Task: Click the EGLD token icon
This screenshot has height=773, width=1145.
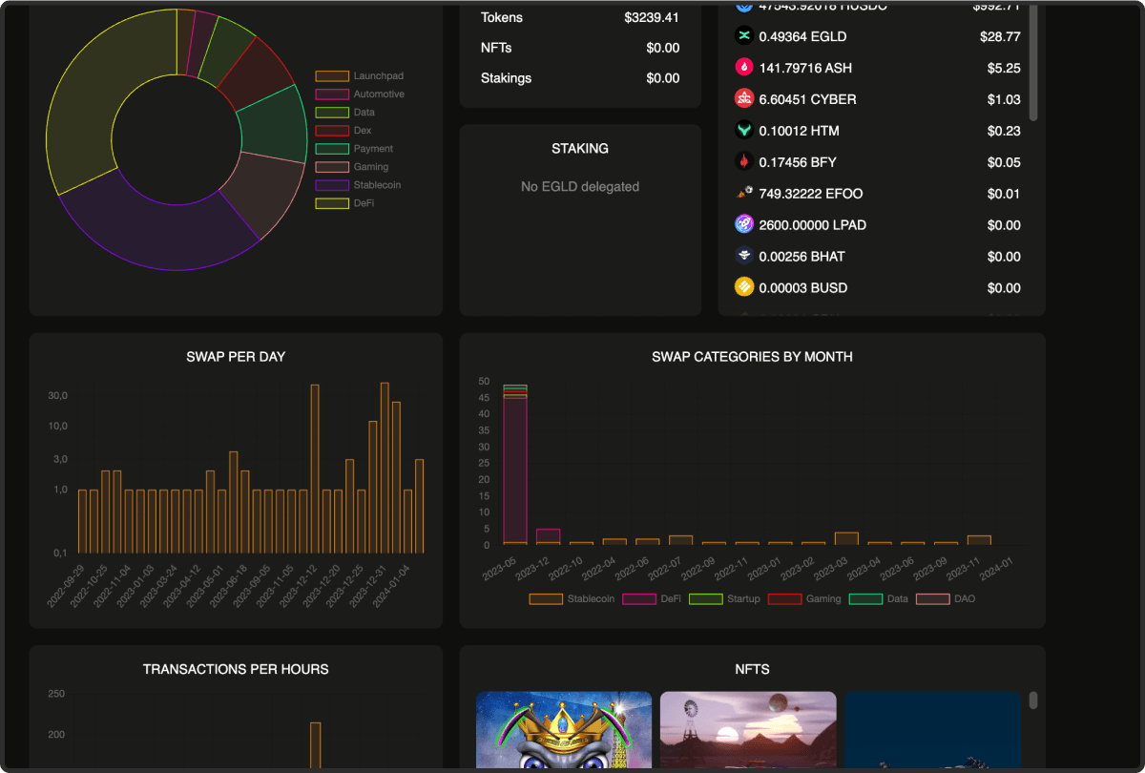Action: pyautogui.click(x=744, y=36)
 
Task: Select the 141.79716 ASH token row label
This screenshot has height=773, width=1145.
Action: pyautogui.click(x=805, y=68)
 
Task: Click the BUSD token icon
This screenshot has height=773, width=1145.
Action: pyautogui.click(x=744, y=287)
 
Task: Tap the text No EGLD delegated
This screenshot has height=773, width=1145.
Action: pyautogui.click(x=580, y=187)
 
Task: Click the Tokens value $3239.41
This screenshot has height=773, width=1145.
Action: pyautogui.click(x=652, y=17)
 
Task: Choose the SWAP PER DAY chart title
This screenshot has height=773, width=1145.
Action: pyautogui.click(x=236, y=357)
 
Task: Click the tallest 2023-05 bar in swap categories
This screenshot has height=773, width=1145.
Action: pyautogui.click(x=515, y=468)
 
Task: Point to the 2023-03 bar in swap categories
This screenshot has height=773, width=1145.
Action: pyautogui.click(x=846, y=538)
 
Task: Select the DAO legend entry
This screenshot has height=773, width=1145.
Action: pyautogui.click(x=964, y=599)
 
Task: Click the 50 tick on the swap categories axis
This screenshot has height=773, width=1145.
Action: pyautogui.click(x=484, y=381)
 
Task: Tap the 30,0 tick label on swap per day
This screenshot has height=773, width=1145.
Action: pyautogui.click(x=58, y=396)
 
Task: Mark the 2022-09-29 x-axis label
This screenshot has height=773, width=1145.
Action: pyautogui.click(x=65, y=584)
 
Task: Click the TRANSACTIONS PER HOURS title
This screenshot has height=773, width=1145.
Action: pyautogui.click(x=236, y=669)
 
